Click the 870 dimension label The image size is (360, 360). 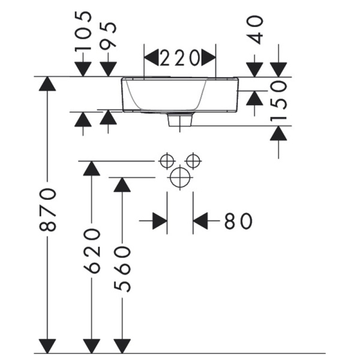coord(48,209)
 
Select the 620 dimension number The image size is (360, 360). coord(92,251)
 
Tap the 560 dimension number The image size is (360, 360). coord(122,269)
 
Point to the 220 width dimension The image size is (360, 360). coord(179,58)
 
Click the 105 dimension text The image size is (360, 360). coord(83,31)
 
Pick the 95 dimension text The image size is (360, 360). coord(108,36)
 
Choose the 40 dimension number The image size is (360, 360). coord(254,30)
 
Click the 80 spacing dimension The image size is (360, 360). coord(238,221)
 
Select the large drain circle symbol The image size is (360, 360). coord(180,178)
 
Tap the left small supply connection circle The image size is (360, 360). coord(167,161)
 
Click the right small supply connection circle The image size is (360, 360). coord(193,161)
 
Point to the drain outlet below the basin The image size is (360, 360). coord(180,120)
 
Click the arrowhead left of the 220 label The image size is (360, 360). coord(151,57)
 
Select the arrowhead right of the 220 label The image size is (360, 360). coord(208,57)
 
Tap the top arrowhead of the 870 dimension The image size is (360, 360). coord(47,84)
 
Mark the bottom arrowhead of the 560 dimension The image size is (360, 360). coord(122,346)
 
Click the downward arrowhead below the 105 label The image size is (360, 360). coord(83,70)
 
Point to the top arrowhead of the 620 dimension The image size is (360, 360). coord(92,169)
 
